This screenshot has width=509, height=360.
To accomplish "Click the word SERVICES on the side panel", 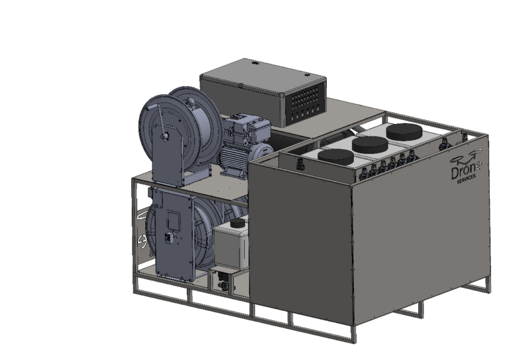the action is coord(466,179).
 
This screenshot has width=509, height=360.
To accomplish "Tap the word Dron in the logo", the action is coord(463,172).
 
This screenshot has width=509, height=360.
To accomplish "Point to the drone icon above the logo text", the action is coord(467,156).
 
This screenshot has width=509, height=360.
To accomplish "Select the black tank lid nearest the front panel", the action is coord(335,156).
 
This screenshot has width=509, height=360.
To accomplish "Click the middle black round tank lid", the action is coord(370,145).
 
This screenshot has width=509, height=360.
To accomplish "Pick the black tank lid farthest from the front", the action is coord(404,131).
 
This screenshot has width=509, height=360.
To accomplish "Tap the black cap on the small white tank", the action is coord(238,223).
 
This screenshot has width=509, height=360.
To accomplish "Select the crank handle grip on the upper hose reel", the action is coord(165,137).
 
